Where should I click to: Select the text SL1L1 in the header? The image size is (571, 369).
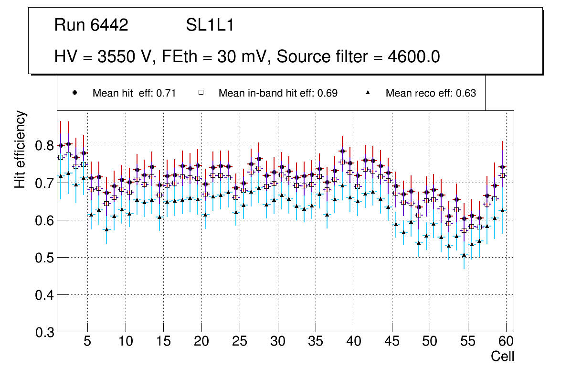210,25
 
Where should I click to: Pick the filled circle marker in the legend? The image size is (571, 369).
74,93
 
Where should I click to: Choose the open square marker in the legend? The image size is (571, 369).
201,93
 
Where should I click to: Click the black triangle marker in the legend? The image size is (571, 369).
368,93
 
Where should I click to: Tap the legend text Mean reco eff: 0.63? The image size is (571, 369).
431,93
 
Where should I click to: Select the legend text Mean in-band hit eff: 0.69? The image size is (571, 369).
278,93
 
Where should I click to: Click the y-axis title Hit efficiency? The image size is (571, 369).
21,149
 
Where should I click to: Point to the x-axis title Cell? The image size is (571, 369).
502,356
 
